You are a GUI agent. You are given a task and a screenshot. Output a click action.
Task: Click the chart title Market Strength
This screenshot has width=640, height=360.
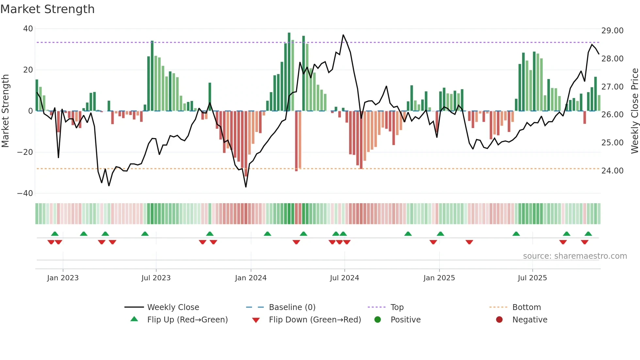pyautogui.click(x=47, y=9)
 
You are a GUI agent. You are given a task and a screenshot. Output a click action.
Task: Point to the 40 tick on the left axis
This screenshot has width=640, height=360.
pyautogui.click(x=28, y=29)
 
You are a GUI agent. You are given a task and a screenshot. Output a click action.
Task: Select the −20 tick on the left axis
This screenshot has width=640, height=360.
pyautogui.click(x=25, y=152)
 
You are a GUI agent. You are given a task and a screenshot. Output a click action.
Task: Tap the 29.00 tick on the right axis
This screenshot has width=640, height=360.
pyautogui.click(x=612, y=31)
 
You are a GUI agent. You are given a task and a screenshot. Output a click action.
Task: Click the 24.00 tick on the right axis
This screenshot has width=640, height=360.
pyautogui.click(x=612, y=171)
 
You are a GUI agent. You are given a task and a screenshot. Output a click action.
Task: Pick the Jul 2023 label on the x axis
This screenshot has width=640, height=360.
pyautogui.click(x=156, y=278)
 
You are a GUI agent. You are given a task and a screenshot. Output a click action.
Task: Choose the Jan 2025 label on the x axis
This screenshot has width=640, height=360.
pyautogui.click(x=439, y=278)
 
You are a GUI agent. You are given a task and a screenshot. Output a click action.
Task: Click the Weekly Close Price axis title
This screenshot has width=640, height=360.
pyautogui.click(x=634, y=111)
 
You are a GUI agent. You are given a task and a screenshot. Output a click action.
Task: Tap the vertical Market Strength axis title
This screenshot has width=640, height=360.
pyautogui.click(x=6, y=111)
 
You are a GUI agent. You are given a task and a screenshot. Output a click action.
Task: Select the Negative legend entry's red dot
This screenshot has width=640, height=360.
pyautogui.click(x=499, y=320)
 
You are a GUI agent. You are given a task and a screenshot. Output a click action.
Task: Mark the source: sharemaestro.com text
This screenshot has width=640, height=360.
pyautogui.click(x=575, y=256)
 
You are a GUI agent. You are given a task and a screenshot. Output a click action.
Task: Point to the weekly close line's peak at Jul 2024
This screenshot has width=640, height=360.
pyautogui.click(x=343, y=35)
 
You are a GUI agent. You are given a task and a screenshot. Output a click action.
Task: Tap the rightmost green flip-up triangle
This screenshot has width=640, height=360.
pyautogui.click(x=588, y=234)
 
